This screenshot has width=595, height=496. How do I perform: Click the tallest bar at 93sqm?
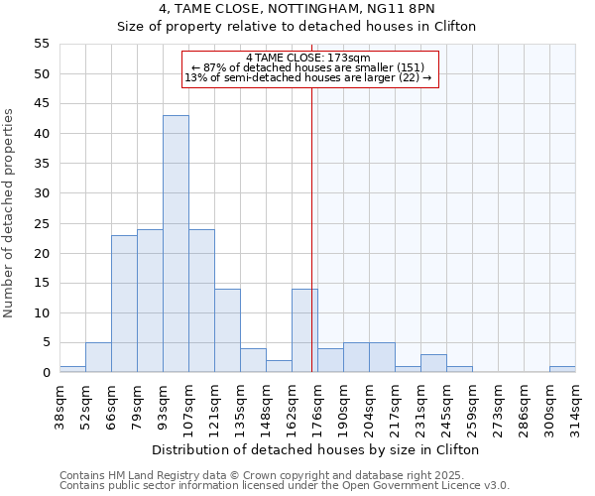pyautogui.click(x=176, y=244)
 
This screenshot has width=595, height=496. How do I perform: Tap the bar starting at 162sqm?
pyautogui.click(x=304, y=330)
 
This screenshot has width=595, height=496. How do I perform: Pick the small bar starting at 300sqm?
pyautogui.click(x=562, y=369)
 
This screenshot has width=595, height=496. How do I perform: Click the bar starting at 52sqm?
pyautogui.click(x=98, y=357)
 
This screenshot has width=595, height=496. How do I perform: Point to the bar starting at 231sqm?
pyautogui.click(x=433, y=363)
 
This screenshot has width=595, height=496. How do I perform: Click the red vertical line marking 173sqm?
pyautogui.click(x=312, y=248)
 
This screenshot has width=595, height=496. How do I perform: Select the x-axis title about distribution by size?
pyautogui.click(x=317, y=449)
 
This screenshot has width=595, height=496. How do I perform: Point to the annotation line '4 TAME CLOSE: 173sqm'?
pyautogui.click(x=307, y=58)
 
